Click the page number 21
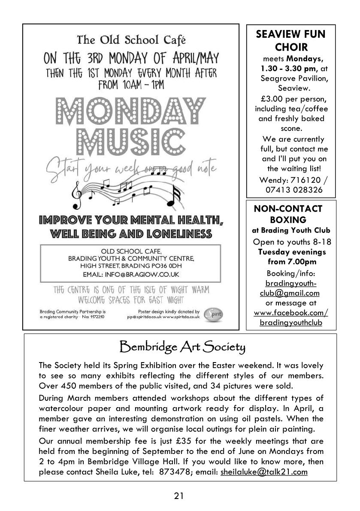coord(179,496)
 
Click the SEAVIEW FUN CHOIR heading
coord(291,40)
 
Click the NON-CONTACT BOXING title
coord(288,214)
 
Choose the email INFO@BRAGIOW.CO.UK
coord(145,274)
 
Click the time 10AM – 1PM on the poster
coord(131,85)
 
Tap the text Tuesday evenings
coord(292,252)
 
